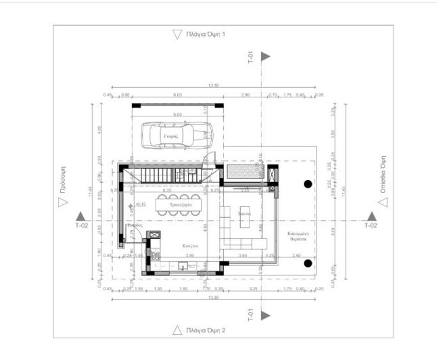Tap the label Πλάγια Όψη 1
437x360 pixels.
210,34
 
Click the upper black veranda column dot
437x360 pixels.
307,183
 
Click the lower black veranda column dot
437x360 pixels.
307,263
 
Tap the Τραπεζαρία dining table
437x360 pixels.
177,204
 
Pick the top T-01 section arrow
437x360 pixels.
266,57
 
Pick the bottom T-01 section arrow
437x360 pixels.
266,315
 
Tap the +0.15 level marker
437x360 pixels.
140,204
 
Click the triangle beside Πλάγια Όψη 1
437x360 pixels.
177,34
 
